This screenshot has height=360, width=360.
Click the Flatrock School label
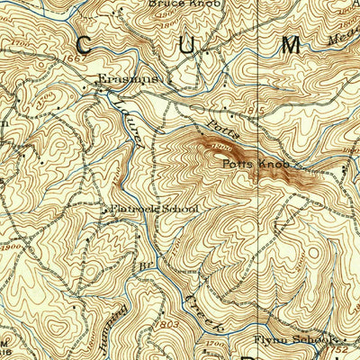coord(153,209)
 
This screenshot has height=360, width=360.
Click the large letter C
coord(87,46)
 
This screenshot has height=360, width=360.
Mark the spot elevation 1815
coord(260,112)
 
